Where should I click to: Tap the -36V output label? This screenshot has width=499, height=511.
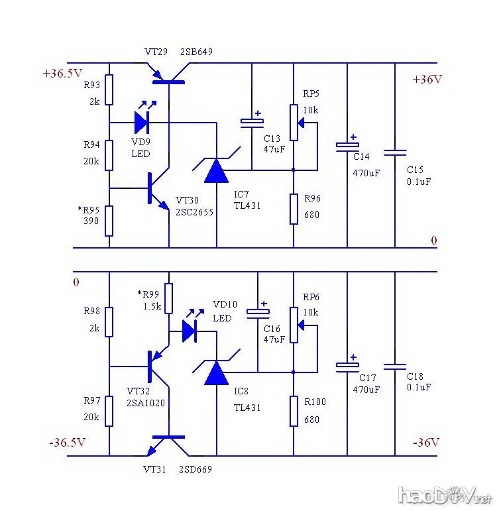click(426, 442)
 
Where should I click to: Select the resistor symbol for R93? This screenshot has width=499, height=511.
click(109, 90)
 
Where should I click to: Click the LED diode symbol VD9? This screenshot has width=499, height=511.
click(142, 122)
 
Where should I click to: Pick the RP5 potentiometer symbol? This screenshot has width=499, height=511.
click(294, 123)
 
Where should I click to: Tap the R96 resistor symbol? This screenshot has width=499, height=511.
click(294, 208)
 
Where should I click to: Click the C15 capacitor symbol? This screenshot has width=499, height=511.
click(395, 152)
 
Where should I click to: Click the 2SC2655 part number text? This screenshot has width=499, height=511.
click(195, 211)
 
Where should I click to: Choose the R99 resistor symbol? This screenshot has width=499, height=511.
click(169, 298)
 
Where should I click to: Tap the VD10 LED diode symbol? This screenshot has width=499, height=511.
click(190, 330)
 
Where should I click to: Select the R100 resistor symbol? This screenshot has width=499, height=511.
click(294, 410)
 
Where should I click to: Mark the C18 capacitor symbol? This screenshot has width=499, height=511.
click(395, 365)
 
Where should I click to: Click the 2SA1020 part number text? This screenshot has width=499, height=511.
click(146, 402)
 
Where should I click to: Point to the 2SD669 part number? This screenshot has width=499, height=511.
click(195, 469)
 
